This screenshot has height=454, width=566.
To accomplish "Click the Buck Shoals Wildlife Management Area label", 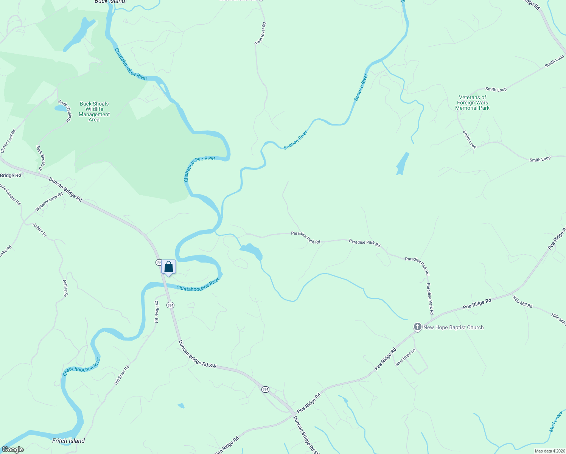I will coord(94,112).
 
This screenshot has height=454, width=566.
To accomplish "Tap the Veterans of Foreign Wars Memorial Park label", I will coord(472,103).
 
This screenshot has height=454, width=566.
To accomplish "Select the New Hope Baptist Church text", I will coord(453,327).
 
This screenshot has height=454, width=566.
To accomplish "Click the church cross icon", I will coord(417,327).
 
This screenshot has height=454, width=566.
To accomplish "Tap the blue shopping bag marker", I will coord(169,267).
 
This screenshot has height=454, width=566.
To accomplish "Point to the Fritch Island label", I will coord(68,440).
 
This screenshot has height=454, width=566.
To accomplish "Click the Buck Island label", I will coord(110,2).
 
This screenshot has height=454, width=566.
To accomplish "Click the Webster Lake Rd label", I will coord(49,202).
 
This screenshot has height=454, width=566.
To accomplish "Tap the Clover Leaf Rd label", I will coord(8,141).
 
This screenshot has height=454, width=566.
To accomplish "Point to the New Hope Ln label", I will coord(405,357).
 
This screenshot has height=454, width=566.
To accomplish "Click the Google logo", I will coord(13,449).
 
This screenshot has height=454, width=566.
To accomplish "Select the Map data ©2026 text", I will coord(549,451).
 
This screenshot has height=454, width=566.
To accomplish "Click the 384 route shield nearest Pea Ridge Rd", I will coord(266,389).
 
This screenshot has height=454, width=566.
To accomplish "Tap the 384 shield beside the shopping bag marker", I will coord(159,262).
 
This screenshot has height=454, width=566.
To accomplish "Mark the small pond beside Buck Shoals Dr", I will coord(60,108).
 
